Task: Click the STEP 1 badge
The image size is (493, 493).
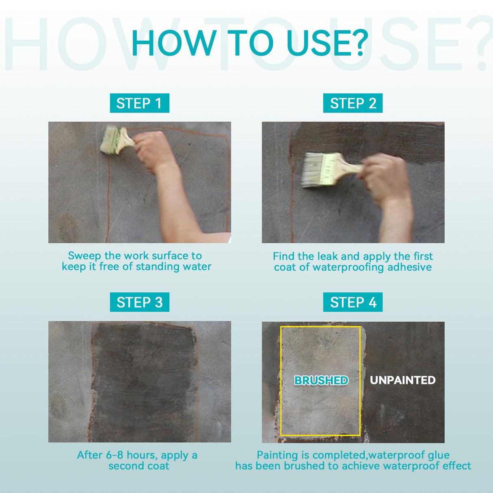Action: pyautogui.click(x=139, y=103)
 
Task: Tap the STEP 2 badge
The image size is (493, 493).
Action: pyautogui.click(x=353, y=103)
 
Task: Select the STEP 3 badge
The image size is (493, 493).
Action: pyautogui.click(x=139, y=302)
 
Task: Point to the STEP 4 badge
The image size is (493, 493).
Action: pyautogui.click(x=353, y=302)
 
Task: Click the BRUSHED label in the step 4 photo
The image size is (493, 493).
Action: pyautogui.click(x=321, y=381)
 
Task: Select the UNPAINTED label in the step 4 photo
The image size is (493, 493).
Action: pyautogui.click(x=402, y=380)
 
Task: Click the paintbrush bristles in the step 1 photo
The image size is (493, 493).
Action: pyautogui.click(x=108, y=140)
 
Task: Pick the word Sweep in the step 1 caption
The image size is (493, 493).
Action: pyautogui.click(x=84, y=256)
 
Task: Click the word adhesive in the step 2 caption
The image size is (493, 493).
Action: pyautogui.click(x=409, y=267)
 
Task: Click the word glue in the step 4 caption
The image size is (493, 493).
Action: pyautogui.click(x=438, y=455)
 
